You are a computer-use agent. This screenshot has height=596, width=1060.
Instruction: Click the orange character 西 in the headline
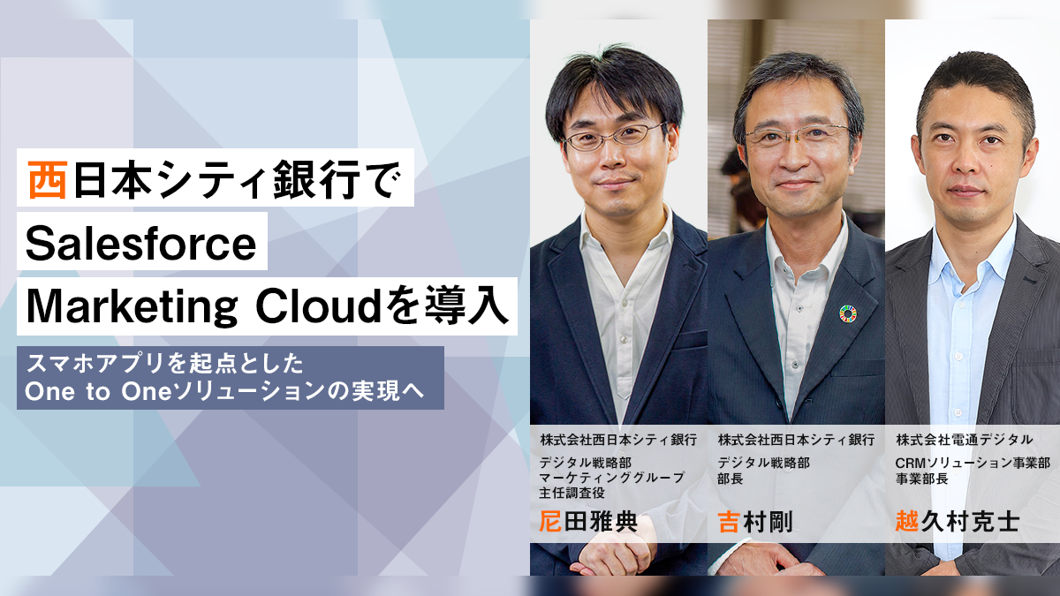(x=47, y=179)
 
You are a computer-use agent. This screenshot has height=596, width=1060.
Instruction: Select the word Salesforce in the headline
(x=141, y=244)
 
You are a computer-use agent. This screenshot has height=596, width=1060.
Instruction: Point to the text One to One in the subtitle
(x=97, y=392)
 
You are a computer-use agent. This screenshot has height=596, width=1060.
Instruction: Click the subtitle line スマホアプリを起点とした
(x=164, y=363)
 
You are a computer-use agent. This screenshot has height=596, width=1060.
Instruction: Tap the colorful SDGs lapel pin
(x=847, y=313)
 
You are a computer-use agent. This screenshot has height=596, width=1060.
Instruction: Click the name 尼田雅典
(x=588, y=522)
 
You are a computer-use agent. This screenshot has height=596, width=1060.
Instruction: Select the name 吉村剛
(x=754, y=522)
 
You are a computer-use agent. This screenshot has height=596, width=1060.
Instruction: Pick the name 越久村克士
(x=957, y=522)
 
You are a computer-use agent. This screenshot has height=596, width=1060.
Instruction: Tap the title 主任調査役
(x=572, y=493)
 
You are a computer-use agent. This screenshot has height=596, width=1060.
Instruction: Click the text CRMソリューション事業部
(x=973, y=463)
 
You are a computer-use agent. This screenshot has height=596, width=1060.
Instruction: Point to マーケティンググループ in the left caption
(x=612, y=478)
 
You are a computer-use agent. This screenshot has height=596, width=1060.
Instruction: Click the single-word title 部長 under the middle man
(x=731, y=479)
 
